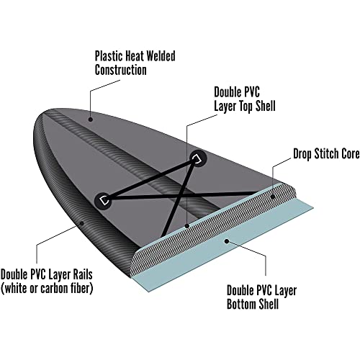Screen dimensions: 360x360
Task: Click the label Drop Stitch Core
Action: [x=326, y=154]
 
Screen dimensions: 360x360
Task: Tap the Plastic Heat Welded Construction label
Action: [x=135, y=63]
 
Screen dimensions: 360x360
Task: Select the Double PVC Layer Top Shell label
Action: [x=245, y=99]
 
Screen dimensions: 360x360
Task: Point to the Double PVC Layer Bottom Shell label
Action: [x=261, y=297]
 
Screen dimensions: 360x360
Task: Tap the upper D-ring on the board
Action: [x=198, y=158]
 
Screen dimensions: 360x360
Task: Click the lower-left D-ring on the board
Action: [x=104, y=199]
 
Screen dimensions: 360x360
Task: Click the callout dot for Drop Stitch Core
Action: [x=272, y=197]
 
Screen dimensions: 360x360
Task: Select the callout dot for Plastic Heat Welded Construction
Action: [x=91, y=120]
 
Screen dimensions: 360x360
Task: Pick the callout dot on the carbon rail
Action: [x=82, y=223]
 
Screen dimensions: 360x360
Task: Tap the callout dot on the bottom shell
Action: [x=226, y=240]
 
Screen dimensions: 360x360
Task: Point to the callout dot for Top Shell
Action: [x=187, y=226]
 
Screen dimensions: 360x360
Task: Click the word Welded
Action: [x=161, y=56]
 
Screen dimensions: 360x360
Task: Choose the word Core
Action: [x=351, y=154]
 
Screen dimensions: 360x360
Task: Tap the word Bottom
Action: [x=242, y=305]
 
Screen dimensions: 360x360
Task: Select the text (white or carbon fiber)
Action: [x=47, y=288]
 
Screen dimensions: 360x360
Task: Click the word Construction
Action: [x=120, y=70]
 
